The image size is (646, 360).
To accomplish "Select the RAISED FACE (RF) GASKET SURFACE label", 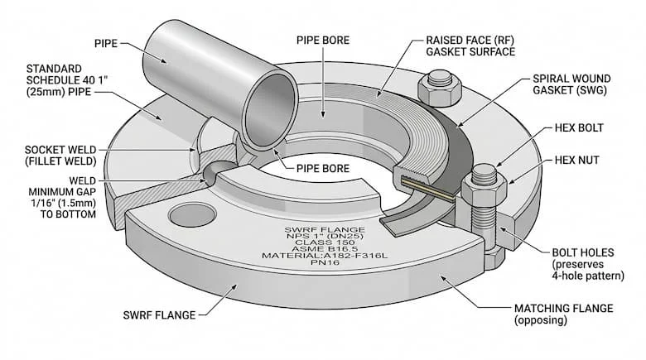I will point(469,46).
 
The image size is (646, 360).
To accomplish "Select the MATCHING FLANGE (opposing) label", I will point(563,314).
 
